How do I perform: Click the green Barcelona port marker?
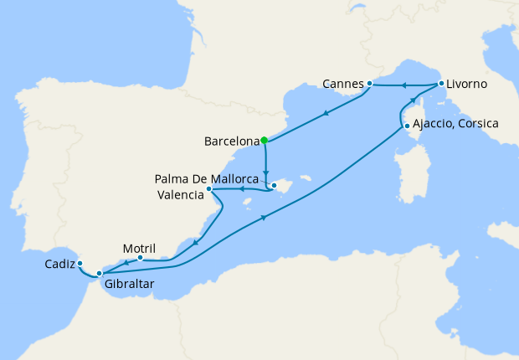264,140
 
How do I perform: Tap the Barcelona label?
231,141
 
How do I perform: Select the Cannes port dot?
369,83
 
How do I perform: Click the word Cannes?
343,85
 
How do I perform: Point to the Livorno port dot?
440,83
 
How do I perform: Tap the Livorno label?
466,85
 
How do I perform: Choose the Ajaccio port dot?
407,126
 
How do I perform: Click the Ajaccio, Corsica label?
455,124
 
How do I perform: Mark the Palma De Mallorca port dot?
273,185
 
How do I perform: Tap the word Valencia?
180,195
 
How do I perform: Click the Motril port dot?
140,258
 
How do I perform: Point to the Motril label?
139,248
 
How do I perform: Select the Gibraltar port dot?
99,273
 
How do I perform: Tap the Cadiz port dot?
80,263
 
